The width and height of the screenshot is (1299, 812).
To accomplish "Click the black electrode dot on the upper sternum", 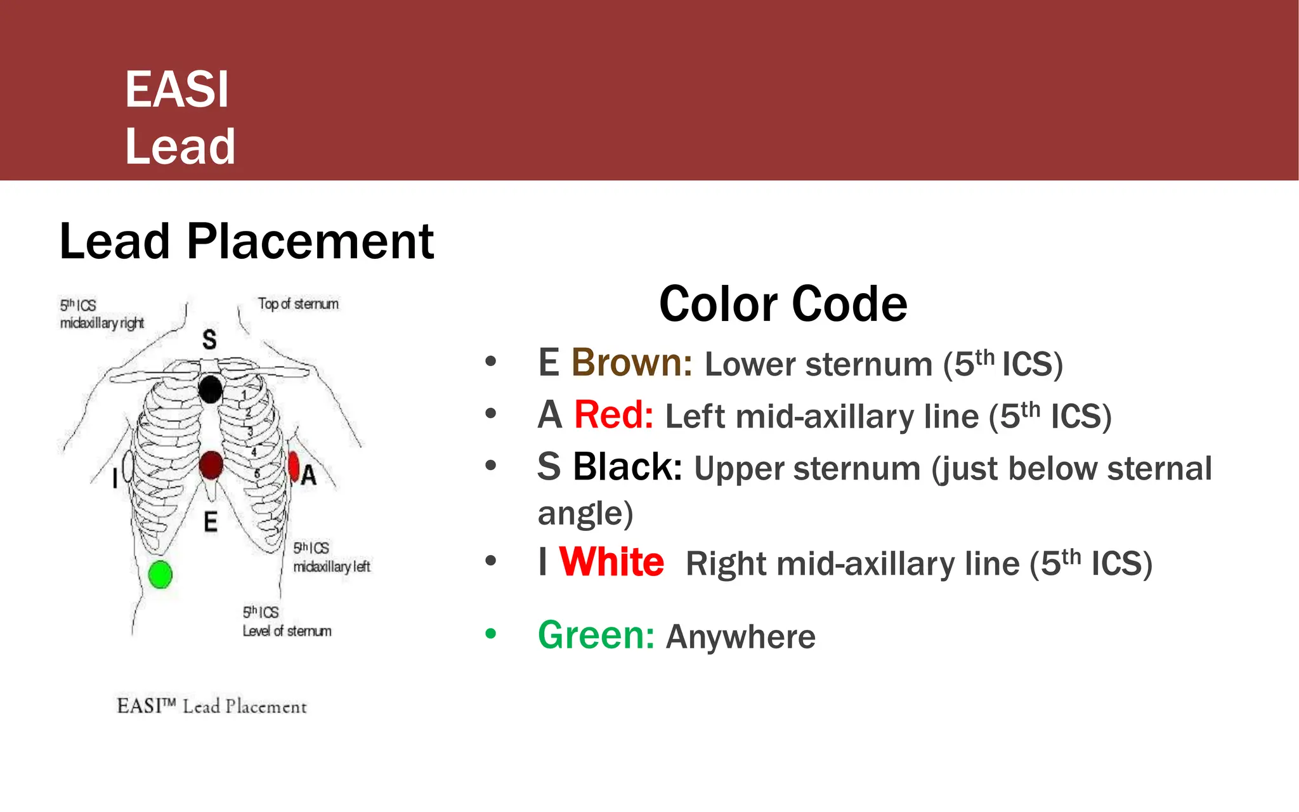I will click(x=211, y=389).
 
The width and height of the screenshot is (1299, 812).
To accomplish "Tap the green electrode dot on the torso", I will click(x=160, y=575).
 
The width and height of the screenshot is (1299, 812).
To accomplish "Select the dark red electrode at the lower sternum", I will click(x=211, y=465).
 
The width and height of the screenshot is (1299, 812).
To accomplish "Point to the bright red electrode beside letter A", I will click(x=294, y=466).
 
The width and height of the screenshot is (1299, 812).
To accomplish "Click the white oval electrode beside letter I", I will click(x=128, y=468).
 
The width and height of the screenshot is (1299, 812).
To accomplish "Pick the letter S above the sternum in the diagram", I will click(x=209, y=339).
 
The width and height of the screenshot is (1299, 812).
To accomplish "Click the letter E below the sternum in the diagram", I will click(x=211, y=522).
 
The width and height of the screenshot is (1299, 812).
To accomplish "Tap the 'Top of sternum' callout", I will click(x=298, y=304).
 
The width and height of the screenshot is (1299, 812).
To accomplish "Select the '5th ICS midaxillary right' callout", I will click(x=101, y=314).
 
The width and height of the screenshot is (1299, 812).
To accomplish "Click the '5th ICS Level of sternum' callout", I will click(x=287, y=622).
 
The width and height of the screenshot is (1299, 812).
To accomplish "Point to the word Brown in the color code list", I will click(x=632, y=363).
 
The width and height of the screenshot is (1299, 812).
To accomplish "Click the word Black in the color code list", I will click(x=627, y=467).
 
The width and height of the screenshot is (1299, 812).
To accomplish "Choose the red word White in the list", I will click(x=611, y=562).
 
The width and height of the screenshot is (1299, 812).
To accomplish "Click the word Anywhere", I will click(x=740, y=637).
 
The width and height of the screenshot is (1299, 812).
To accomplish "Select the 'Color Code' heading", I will click(x=783, y=304).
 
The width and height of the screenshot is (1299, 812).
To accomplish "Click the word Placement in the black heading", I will click(x=310, y=242).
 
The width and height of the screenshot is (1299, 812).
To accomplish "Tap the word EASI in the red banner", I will click(x=177, y=89).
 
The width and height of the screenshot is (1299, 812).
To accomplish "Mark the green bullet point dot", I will click(x=490, y=633).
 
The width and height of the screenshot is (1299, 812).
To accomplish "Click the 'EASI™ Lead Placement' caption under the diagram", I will click(x=212, y=706).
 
